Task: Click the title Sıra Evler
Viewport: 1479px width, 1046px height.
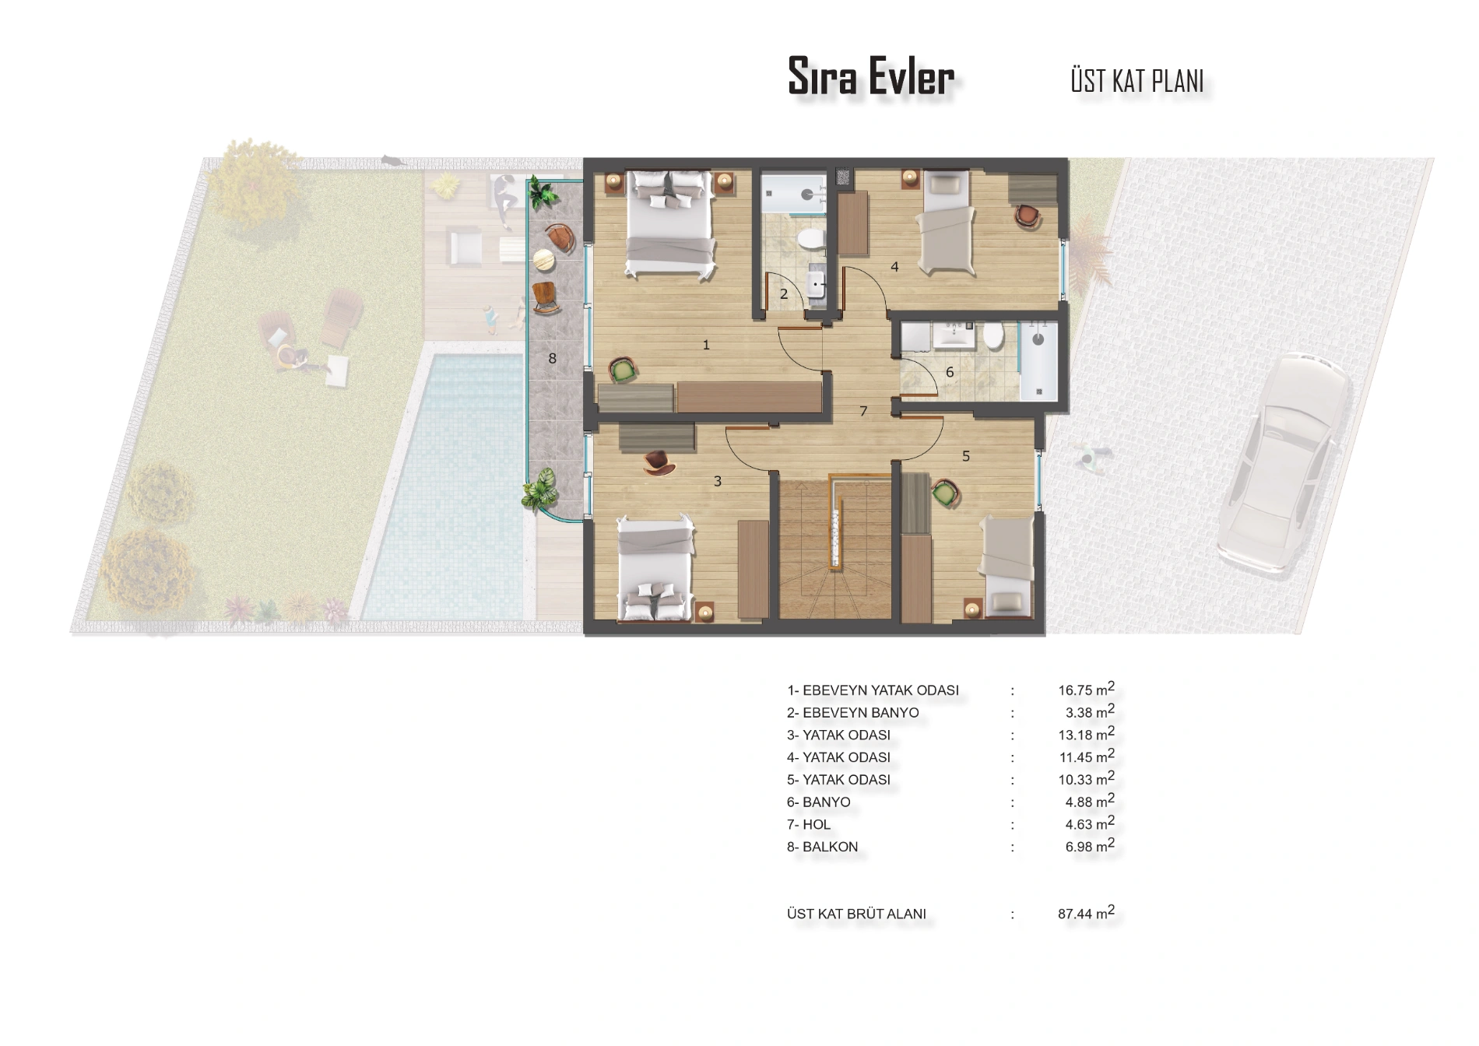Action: coord(870,76)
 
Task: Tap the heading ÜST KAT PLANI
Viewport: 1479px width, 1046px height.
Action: coord(1137,81)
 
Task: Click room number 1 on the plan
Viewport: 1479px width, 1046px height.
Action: coord(706,344)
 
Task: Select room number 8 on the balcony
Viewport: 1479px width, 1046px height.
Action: coord(553,359)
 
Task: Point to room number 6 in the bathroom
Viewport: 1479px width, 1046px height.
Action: coord(950,373)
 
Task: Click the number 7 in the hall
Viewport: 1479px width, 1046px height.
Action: coord(863,411)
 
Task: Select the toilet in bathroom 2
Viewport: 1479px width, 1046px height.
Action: coord(813,237)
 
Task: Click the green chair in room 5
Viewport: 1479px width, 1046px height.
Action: coord(945,493)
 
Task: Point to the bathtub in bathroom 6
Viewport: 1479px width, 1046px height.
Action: coord(1038,360)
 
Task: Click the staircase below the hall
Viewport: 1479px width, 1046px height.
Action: coord(833,549)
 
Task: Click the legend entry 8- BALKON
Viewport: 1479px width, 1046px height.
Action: coord(822,847)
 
